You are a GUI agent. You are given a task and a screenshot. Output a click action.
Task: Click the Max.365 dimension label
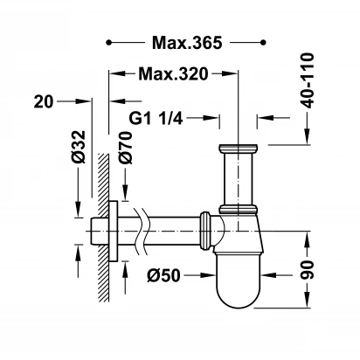(187, 43)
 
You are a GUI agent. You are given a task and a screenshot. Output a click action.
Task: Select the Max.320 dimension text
(173, 74)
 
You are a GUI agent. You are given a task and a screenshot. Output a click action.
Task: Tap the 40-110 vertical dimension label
(308, 80)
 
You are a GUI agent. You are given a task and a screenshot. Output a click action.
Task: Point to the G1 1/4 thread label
(156, 118)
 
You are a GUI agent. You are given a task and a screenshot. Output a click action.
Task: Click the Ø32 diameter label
(79, 147)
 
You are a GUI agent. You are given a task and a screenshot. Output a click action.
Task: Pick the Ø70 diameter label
(126, 148)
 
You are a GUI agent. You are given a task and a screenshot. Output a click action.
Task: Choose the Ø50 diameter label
(163, 275)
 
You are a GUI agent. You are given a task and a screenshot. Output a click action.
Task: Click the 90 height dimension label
(308, 270)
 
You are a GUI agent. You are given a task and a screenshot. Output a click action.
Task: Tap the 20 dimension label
(44, 102)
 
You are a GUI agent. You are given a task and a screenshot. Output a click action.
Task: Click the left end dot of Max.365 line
(108, 43)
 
